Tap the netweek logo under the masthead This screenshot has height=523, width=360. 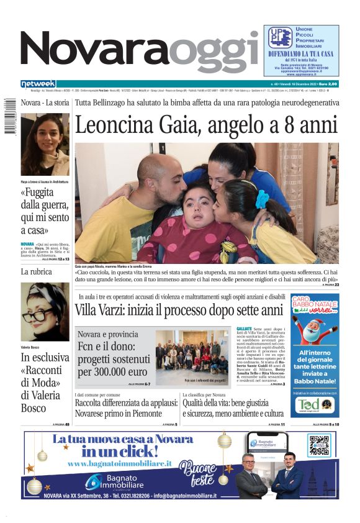(x=38, y=84)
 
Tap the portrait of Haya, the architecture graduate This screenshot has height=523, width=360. (x=45, y=143)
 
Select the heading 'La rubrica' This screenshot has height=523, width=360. (x=37, y=272)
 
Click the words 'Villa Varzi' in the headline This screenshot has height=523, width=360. (x=102, y=311)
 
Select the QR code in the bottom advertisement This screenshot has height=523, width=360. (x=318, y=446)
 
